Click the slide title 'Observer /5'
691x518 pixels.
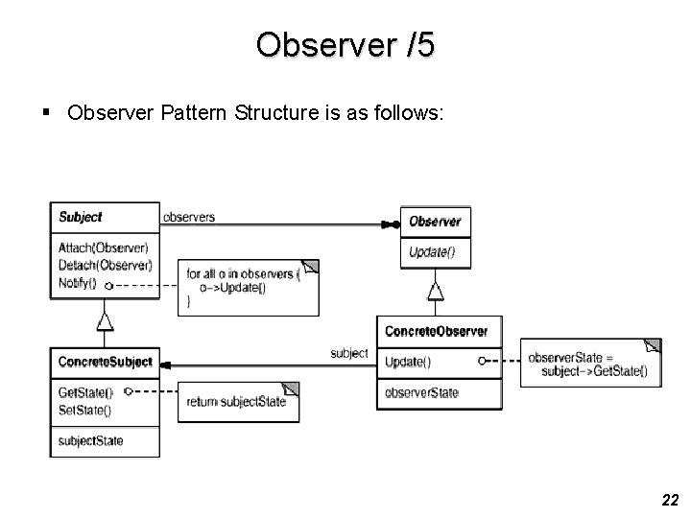(345, 44)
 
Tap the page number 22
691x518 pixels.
(670, 500)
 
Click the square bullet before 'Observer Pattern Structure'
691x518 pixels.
(46, 112)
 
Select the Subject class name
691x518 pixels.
(81, 217)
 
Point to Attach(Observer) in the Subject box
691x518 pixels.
(103, 248)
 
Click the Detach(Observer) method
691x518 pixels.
(105, 265)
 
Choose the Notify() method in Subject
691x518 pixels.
(77, 283)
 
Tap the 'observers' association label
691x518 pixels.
(189, 217)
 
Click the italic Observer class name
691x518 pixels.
(435, 222)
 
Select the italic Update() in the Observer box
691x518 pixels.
(432, 252)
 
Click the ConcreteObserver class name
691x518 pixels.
(437, 331)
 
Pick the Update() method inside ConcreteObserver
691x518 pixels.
(408, 362)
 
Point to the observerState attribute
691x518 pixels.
(421, 392)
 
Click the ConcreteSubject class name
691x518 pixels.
(106, 362)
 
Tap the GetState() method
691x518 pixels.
(85, 392)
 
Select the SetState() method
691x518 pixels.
(84, 411)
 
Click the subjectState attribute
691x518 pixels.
(90, 441)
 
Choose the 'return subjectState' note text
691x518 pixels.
(236, 402)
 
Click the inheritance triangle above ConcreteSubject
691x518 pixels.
(105, 321)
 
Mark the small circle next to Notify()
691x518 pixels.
(108, 286)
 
